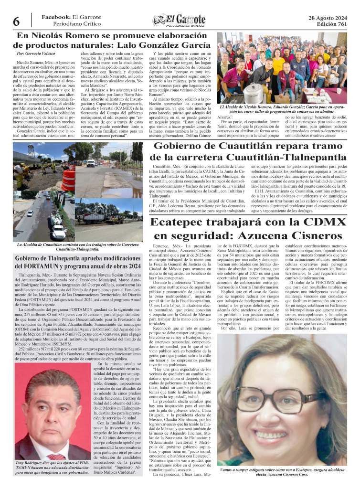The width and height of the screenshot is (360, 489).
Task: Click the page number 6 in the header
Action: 16,21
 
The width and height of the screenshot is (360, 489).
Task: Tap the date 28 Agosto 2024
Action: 328,18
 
